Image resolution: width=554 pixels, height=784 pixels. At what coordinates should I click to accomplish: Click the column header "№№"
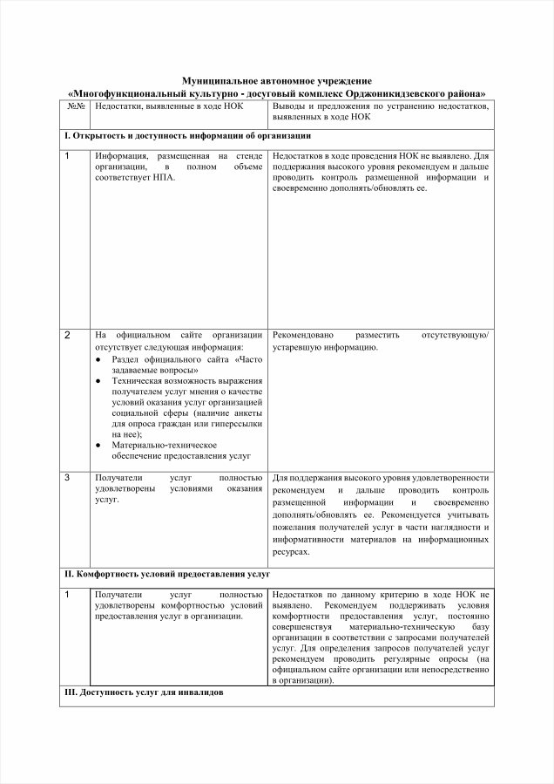click(x=75, y=106)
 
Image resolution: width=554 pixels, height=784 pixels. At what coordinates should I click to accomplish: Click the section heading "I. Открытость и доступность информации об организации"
click(x=187, y=137)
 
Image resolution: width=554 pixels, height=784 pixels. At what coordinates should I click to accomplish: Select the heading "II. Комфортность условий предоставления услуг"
click(x=167, y=575)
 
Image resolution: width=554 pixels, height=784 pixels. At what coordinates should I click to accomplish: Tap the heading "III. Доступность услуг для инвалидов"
click(x=144, y=692)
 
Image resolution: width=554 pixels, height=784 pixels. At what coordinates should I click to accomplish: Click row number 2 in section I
click(x=68, y=335)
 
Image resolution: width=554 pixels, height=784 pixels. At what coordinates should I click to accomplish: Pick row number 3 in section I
click(x=68, y=477)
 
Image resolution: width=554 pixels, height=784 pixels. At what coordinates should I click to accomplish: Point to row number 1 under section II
click(x=68, y=594)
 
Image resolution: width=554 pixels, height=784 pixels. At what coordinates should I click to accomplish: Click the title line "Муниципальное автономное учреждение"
click(x=276, y=80)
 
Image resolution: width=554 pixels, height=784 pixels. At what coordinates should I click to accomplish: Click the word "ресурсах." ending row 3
click(x=291, y=552)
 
